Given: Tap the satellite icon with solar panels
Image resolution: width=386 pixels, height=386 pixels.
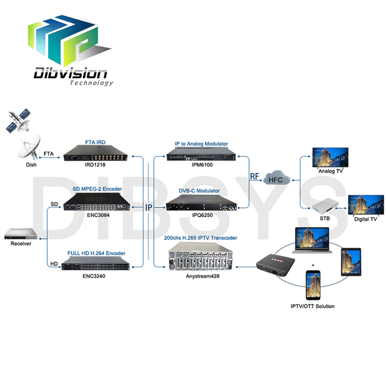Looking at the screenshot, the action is click(x=18, y=121).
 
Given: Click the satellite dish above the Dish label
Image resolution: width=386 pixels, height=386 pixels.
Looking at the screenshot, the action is click(x=29, y=148).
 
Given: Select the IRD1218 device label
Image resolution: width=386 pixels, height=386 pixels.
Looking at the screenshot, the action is click(x=95, y=165).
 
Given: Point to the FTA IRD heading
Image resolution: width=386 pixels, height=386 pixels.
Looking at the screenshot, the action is click(x=95, y=142).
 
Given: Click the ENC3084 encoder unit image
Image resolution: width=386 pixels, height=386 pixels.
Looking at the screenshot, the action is click(x=96, y=202).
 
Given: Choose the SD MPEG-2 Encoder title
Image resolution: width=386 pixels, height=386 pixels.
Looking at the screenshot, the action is click(x=97, y=189).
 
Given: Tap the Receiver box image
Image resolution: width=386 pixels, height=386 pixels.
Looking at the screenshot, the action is click(x=21, y=233).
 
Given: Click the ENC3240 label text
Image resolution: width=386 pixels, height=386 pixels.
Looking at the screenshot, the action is click(x=94, y=276).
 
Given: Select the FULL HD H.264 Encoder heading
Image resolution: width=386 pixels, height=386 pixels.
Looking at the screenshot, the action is click(x=96, y=253).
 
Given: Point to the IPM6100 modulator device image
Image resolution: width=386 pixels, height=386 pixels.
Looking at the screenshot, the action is click(x=201, y=154).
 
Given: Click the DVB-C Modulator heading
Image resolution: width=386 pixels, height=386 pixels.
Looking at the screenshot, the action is click(x=199, y=191).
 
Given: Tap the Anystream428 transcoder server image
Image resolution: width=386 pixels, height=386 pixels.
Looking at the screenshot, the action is click(x=201, y=256).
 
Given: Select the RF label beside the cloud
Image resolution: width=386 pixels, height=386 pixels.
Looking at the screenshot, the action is click(x=255, y=176).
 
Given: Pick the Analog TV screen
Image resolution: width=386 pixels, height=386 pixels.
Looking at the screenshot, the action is click(x=331, y=157).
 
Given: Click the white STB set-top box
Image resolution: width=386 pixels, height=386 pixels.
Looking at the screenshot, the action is click(x=325, y=205).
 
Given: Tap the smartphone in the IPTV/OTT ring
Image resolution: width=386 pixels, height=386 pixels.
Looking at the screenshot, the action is click(x=313, y=285).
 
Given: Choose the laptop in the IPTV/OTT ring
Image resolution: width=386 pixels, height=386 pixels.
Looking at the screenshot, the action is click(x=312, y=240).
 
